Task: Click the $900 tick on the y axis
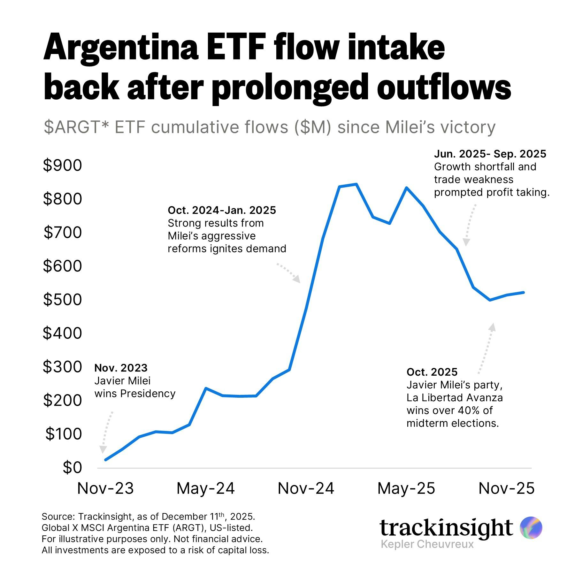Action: pos(63,165)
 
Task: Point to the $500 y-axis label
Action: pos(63,300)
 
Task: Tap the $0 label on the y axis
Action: pos(72,467)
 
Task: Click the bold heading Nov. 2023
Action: pos(121,368)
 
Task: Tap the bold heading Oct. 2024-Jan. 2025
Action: pos(222,210)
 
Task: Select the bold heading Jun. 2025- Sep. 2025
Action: pos(490,154)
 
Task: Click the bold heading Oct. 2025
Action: pos(432,372)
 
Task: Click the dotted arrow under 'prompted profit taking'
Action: pos(470,225)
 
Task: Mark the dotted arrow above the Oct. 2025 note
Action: pos(486,348)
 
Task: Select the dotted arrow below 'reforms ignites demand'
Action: pos(288,273)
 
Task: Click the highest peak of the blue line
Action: pos(356,184)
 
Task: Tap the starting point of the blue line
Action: pos(105,460)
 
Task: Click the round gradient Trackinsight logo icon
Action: pos(531,527)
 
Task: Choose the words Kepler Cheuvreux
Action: pos(427,544)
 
